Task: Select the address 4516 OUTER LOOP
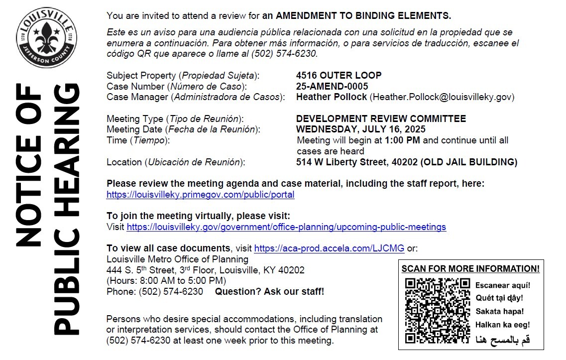pyautogui.click(x=339, y=76)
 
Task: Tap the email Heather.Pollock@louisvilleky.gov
pyautogui.click(x=442, y=97)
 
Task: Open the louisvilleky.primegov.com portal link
pyautogui.click(x=201, y=195)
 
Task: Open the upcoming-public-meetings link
pyautogui.click(x=286, y=227)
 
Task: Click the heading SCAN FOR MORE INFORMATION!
pyautogui.click(x=470, y=269)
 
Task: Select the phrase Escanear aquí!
pyautogui.click(x=503, y=285)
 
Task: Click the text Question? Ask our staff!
pyautogui.click(x=269, y=292)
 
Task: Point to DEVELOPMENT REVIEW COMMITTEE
pyautogui.click(x=381, y=119)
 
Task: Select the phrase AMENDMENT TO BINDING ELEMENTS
pyautogui.click(x=363, y=15)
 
